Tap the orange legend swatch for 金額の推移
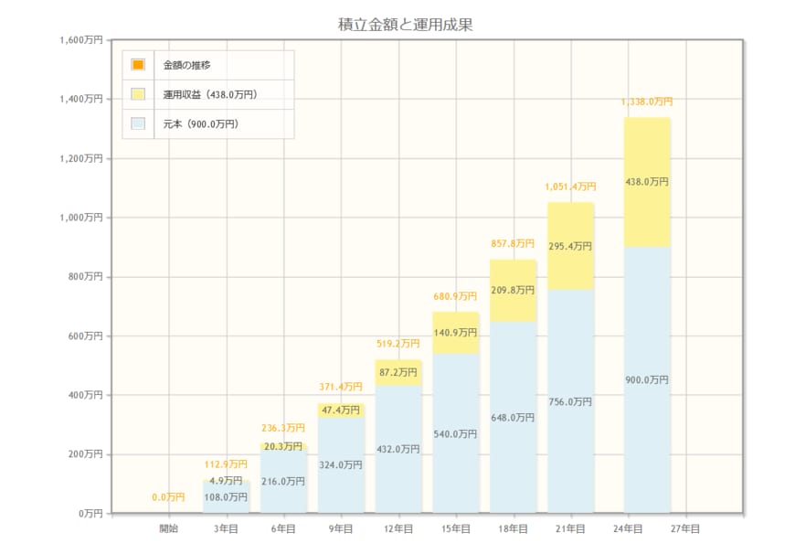138,64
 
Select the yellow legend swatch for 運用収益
138,94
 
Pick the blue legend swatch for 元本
138,123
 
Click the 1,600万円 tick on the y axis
80,40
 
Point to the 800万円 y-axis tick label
84,277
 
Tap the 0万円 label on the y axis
90,514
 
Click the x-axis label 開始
169,528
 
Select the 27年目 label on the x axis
684,528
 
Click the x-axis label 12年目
398,528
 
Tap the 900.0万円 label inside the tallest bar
647,380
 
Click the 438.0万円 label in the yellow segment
647,182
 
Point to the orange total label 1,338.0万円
647,101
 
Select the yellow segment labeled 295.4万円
570,247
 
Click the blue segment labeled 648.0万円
513,418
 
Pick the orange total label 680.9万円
455,296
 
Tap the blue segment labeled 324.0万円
341,465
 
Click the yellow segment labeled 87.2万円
398,373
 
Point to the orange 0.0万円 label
168,497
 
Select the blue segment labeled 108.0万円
226,497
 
